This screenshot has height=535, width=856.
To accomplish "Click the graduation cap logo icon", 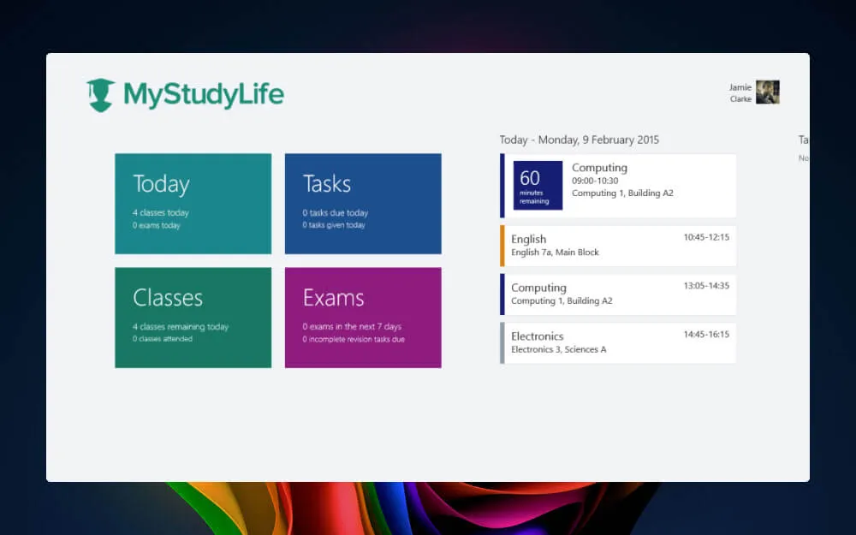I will pyautogui.click(x=100, y=95).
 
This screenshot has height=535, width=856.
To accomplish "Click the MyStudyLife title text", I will pyautogui.click(x=203, y=94).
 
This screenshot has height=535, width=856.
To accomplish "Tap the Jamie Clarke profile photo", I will pyautogui.click(x=767, y=92).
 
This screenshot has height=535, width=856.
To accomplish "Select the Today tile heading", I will pyautogui.click(x=161, y=184).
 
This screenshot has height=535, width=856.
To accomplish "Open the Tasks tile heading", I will pyautogui.click(x=326, y=184).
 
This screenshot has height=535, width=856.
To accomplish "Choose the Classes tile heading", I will pyautogui.click(x=168, y=298).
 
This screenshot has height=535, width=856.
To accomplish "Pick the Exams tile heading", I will pyautogui.click(x=333, y=298).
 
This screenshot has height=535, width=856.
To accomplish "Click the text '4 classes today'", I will pyautogui.click(x=161, y=213).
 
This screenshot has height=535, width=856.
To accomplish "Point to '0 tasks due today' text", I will pyautogui.click(x=335, y=213).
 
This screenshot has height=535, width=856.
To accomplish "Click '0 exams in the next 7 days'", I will pyautogui.click(x=351, y=327).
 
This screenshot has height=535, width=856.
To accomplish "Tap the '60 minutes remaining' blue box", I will pyautogui.click(x=538, y=185).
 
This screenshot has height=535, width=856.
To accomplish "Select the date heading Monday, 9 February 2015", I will pyautogui.click(x=580, y=140).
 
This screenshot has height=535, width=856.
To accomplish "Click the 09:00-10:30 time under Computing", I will pyautogui.click(x=595, y=181).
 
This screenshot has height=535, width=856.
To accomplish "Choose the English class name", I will pyautogui.click(x=528, y=240).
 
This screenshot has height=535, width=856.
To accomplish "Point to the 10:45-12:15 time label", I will pyautogui.click(x=706, y=237).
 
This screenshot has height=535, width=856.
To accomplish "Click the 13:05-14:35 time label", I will pyautogui.click(x=706, y=286).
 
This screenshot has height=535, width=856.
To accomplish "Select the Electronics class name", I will pyautogui.click(x=537, y=336).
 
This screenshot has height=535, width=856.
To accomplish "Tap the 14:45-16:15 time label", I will pyautogui.click(x=706, y=335).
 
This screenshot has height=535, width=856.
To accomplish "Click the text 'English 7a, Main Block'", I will pyautogui.click(x=555, y=253).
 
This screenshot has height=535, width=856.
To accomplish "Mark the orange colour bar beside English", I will pyautogui.click(x=502, y=246).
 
